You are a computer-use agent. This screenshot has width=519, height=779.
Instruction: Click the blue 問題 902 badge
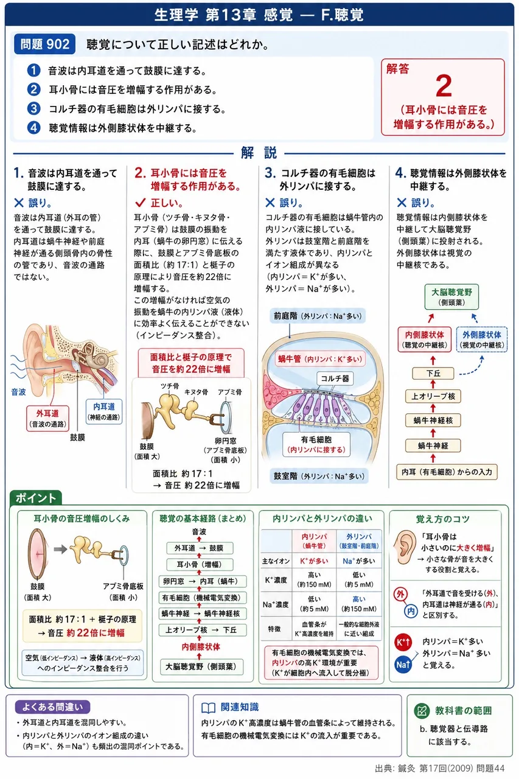pos(44,44)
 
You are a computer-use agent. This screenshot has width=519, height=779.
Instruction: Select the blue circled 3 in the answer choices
pos(33,109)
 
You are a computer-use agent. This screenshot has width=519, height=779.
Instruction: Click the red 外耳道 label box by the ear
pos(47,418)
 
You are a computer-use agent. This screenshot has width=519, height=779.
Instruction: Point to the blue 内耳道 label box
pos(104,411)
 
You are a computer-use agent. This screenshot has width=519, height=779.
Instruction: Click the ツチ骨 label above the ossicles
pos(170,386)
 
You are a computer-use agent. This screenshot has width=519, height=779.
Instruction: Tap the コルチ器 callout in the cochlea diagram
pos(335,379)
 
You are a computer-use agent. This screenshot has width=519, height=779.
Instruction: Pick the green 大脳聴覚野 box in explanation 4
pos(451,296)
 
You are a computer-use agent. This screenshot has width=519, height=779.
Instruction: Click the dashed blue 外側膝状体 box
pos(481,339)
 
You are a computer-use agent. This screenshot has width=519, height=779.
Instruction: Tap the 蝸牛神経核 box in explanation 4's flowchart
pos(433,421)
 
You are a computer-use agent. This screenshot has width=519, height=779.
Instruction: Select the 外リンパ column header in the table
pos(359,541)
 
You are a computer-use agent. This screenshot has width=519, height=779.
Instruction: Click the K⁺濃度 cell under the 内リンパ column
pos(314,580)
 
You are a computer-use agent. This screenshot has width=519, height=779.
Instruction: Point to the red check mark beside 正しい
pos(140,203)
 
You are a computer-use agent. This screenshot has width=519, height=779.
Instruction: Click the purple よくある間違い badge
pos(52,707)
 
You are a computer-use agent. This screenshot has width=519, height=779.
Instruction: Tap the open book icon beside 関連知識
pos(209,708)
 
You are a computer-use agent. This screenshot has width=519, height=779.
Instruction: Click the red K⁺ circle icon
pos(403,641)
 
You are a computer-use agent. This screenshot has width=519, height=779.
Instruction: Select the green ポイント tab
pos(36,498)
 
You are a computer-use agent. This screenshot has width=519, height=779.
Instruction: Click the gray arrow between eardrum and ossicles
pos(60,549)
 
